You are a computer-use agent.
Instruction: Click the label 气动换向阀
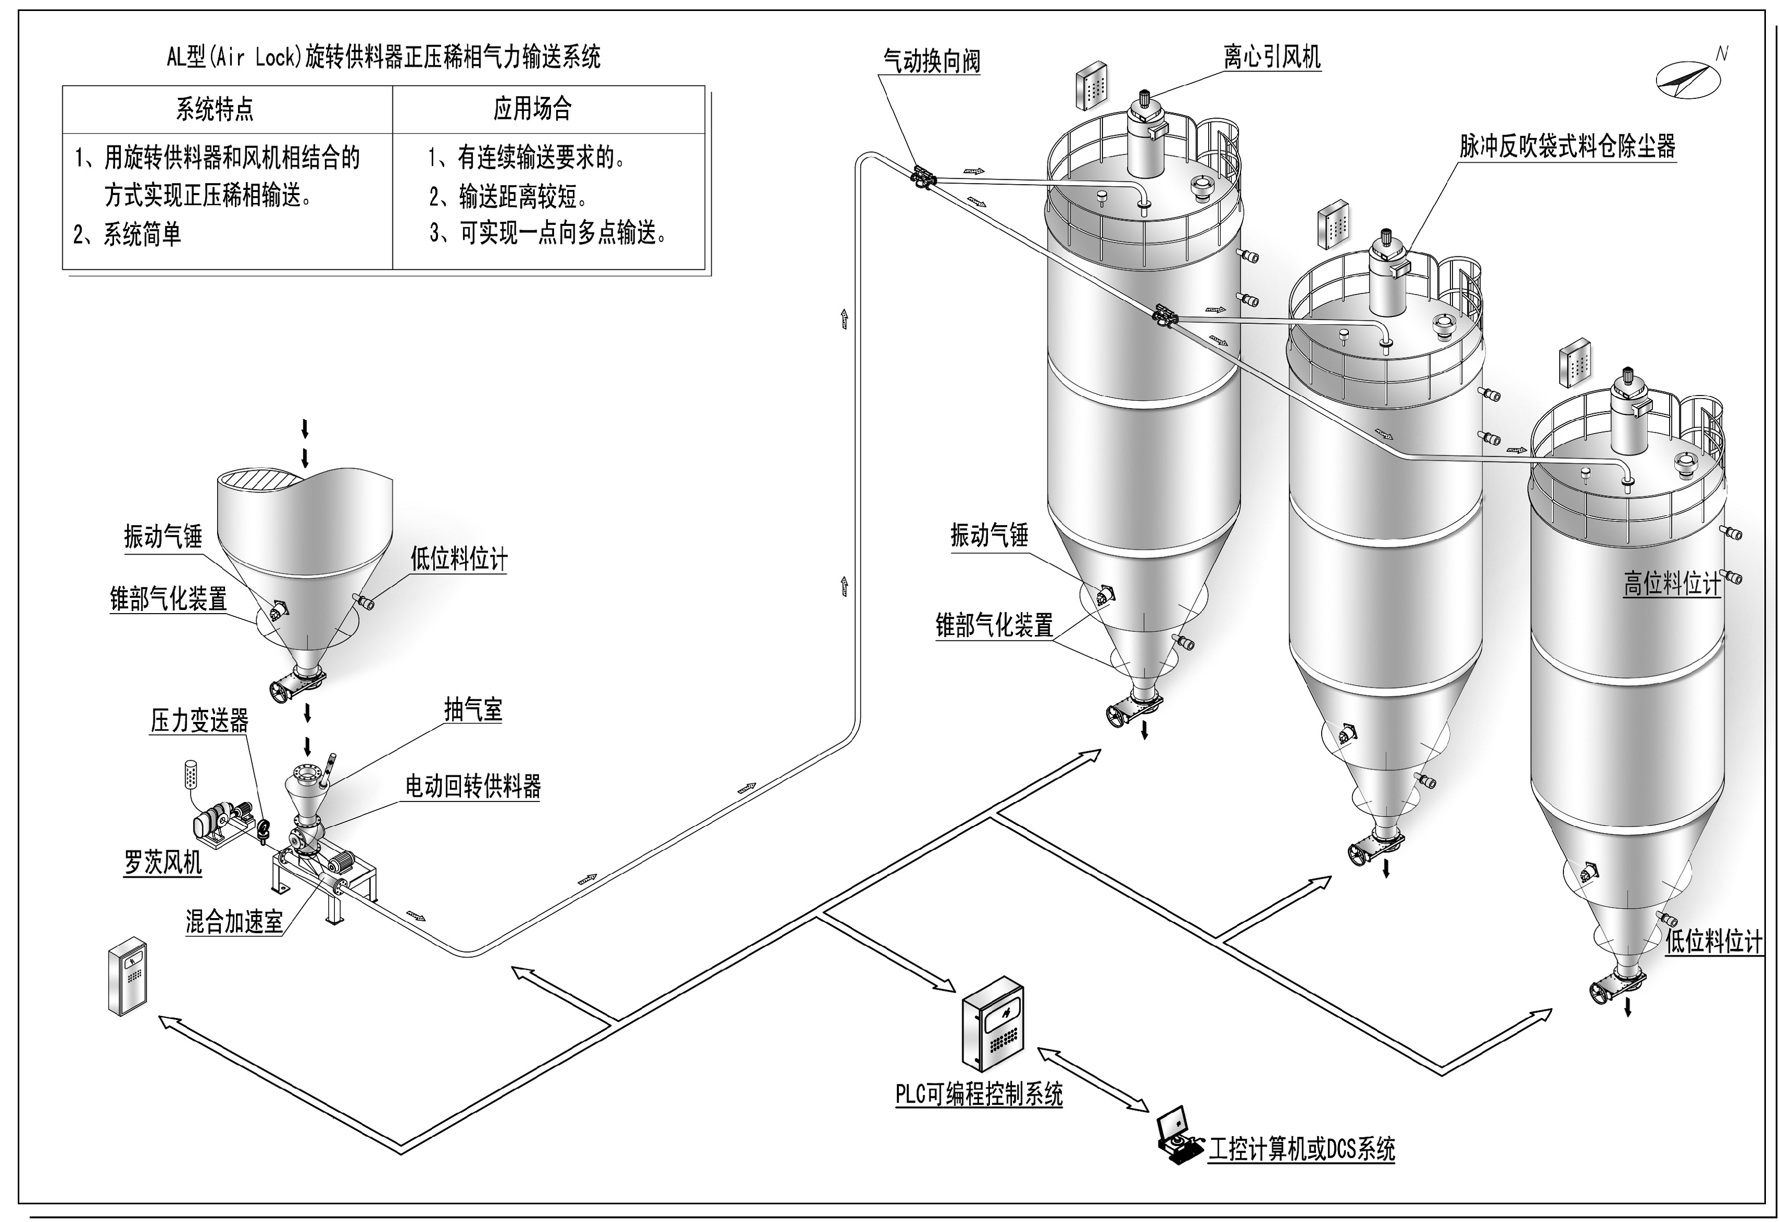click(931, 61)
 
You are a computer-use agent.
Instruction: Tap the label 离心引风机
click(1271, 56)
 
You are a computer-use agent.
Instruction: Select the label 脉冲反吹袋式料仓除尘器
click(1567, 146)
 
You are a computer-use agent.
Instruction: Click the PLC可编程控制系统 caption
click(979, 1094)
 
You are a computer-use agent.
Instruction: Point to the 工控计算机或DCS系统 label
click(1301, 1148)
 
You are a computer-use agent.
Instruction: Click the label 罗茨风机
click(163, 863)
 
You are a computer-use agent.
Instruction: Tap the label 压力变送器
click(199, 720)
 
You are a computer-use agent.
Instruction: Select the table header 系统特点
click(215, 109)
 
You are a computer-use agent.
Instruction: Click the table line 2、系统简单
click(128, 234)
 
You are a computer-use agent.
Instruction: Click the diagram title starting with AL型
click(384, 56)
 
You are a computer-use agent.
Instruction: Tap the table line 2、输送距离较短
click(509, 197)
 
